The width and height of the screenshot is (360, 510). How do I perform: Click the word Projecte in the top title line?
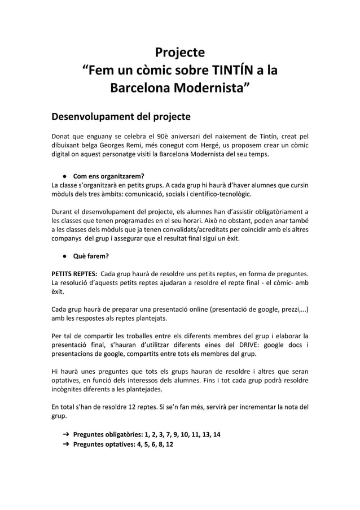(179, 54)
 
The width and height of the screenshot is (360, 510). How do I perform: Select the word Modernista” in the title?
(212, 89)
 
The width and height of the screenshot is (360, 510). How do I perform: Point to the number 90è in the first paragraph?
(161, 136)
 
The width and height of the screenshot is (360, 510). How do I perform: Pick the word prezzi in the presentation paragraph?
(289, 310)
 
